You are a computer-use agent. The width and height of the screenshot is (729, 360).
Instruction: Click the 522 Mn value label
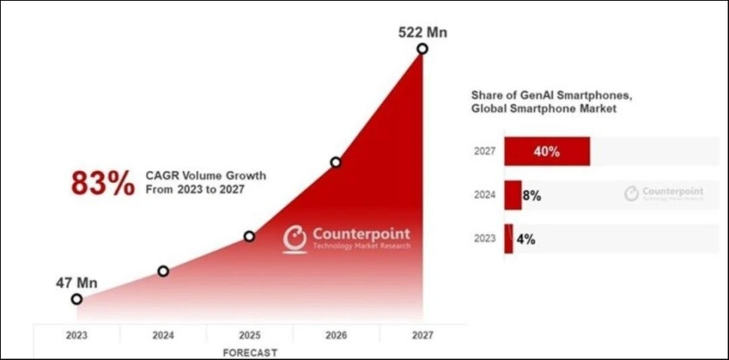[423, 32]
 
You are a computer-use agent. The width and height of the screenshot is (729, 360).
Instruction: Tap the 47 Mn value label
[77, 283]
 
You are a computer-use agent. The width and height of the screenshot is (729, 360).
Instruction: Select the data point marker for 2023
[77, 299]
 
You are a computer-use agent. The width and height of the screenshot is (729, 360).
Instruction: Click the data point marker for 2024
[163, 271]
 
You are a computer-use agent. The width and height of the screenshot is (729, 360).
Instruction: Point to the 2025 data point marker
[249, 236]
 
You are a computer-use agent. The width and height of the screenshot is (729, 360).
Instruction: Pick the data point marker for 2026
[336, 162]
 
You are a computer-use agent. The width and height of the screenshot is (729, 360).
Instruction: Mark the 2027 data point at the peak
[422, 49]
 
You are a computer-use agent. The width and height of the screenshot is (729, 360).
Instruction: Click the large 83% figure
[102, 184]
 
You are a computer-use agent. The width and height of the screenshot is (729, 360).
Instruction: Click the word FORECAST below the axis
[250, 352]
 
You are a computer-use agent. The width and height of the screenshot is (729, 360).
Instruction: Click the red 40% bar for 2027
[547, 151]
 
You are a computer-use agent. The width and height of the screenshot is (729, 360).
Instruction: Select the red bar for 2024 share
[513, 195]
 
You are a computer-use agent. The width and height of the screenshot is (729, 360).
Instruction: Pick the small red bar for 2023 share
[509, 238]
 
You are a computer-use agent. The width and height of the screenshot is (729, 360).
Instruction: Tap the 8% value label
[532, 195]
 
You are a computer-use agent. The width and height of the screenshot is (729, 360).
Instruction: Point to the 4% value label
[526, 238]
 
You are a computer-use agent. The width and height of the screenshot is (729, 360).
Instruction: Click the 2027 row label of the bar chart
[484, 151]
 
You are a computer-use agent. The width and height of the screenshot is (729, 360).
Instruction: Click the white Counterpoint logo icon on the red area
[295, 238]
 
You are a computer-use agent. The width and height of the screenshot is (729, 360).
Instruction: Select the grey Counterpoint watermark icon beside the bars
[632, 194]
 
